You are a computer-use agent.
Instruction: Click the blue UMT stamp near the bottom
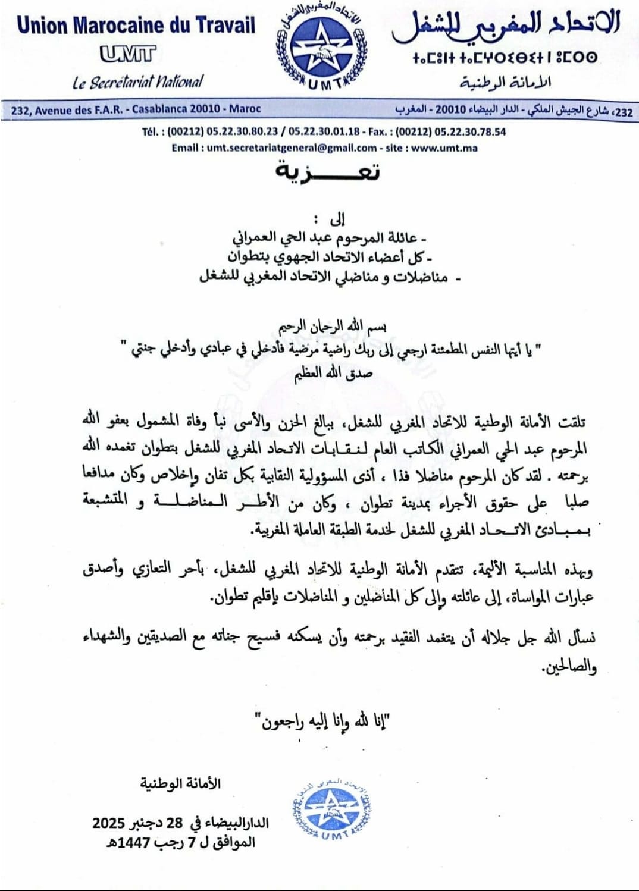click(x=332, y=810)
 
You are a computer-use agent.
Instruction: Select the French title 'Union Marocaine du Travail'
click(x=136, y=26)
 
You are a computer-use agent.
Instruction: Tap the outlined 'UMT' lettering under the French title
click(x=127, y=54)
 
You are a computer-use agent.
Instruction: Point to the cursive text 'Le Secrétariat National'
click(x=137, y=81)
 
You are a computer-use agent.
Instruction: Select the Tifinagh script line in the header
click(x=505, y=58)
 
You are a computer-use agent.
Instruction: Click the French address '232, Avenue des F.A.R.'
click(x=136, y=109)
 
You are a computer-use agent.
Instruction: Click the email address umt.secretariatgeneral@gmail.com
click(x=292, y=148)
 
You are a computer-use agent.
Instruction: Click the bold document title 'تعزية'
click(x=327, y=172)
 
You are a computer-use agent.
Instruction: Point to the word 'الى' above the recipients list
click(x=337, y=219)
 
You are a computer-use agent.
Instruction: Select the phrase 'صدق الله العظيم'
click(x=333, y=373)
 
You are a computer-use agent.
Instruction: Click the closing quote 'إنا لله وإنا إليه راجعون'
click(x=322, y=721)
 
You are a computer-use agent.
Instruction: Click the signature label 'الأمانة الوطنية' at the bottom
click(x=180, y=783)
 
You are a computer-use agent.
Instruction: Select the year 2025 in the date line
click(x=108, y=823)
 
